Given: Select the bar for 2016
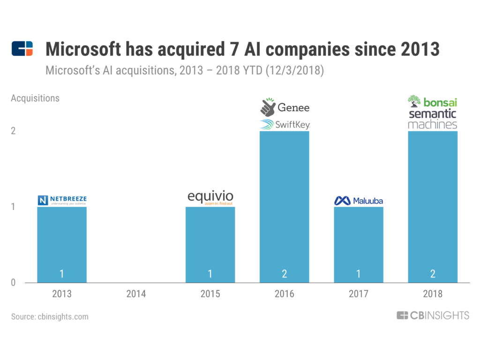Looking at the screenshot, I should pyautogui.click(x=285, y=207).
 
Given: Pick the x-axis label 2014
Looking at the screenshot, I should pyautogui.click(x=136, y=294).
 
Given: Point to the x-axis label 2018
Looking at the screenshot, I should pyautogui.click(x=433, y=294).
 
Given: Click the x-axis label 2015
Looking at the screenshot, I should pyautogui.click(x=210, y=294).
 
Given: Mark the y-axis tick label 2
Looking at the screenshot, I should pyautogui.click(x=14, y=131).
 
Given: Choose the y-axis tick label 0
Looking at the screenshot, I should pyautogui.click(x=14, y=283).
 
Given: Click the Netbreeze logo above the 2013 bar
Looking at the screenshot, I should pyautogui.click(x=62, y=201).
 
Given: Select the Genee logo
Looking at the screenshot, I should pyautogui.click(x=285, y=107).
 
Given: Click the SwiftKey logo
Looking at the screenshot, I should pyautogui.click(x=285, y=125).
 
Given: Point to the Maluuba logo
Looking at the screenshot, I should pyautogui.click(x=359, y=201).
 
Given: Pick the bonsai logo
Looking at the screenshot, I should pyautogui.click(x=432, y=101).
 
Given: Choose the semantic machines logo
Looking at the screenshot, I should pyautogui.click(x=432, y=119).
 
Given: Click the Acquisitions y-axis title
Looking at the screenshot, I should pyautogui.click(x=35, y=98).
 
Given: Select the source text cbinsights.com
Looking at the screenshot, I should pyautogui.click(x=50, y=316).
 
